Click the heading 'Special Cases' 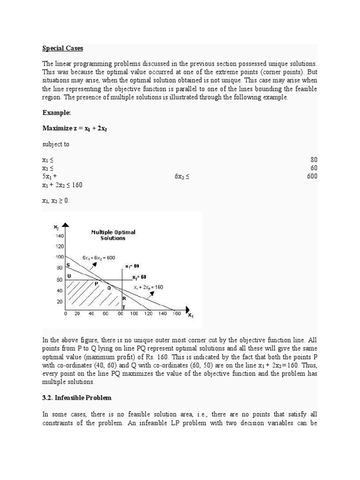coord(62,48)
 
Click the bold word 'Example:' coord(56,112)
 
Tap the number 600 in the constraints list coord(311,176)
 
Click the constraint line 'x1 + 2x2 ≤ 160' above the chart coord(62,185)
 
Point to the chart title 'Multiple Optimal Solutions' coord(113,235)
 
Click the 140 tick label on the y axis coord(60,236)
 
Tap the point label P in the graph coord(97,283)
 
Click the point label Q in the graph coord(109,288)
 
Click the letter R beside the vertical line coord(124,298)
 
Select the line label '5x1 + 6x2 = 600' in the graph coord(98,258)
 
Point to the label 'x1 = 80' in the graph coord(132,266)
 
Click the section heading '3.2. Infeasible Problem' coord(77,397)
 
